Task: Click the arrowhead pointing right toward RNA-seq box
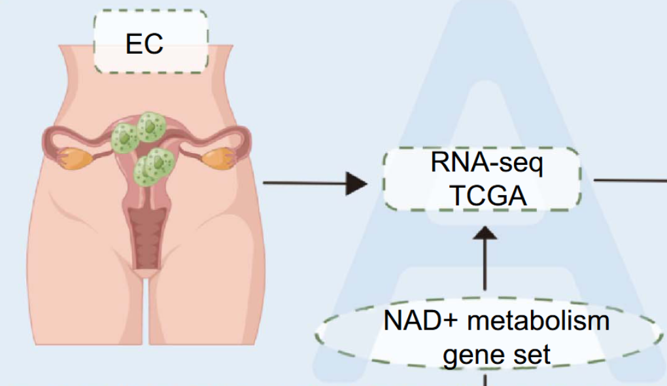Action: [356, 184]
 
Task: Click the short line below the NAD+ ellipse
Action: [485, 379]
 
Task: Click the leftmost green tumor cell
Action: [124, 138]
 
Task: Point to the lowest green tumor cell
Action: [149, 168]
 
